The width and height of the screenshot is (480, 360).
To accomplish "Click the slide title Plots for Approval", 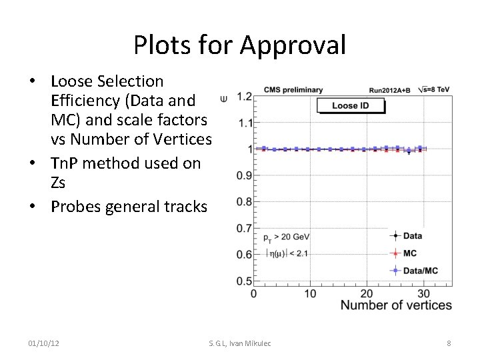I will [239, 45].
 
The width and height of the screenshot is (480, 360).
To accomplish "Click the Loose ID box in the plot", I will [350, 105].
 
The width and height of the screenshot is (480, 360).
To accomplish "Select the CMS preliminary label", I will [293, 89].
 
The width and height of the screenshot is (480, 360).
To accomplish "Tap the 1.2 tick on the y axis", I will [244, 97].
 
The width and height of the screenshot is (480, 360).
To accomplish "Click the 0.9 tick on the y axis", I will [244, 175].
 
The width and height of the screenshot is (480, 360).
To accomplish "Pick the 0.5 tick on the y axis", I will [244, 281].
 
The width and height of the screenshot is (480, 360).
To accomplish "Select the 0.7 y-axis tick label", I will [244, 228].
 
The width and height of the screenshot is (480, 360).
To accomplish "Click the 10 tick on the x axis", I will [311, 293].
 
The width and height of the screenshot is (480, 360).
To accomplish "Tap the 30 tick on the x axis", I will [423, 293].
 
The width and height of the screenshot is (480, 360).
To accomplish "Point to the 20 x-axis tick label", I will [367, 293].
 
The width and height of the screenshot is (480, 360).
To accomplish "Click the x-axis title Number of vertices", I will [396, 305].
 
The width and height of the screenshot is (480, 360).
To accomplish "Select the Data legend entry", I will [412, 235].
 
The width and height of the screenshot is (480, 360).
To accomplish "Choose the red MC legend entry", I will [410, 253].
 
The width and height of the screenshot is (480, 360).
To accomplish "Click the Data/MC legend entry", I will [421, 271].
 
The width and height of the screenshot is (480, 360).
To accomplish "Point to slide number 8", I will [449, 343].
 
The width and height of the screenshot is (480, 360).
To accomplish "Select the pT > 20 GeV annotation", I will [286, 237].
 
